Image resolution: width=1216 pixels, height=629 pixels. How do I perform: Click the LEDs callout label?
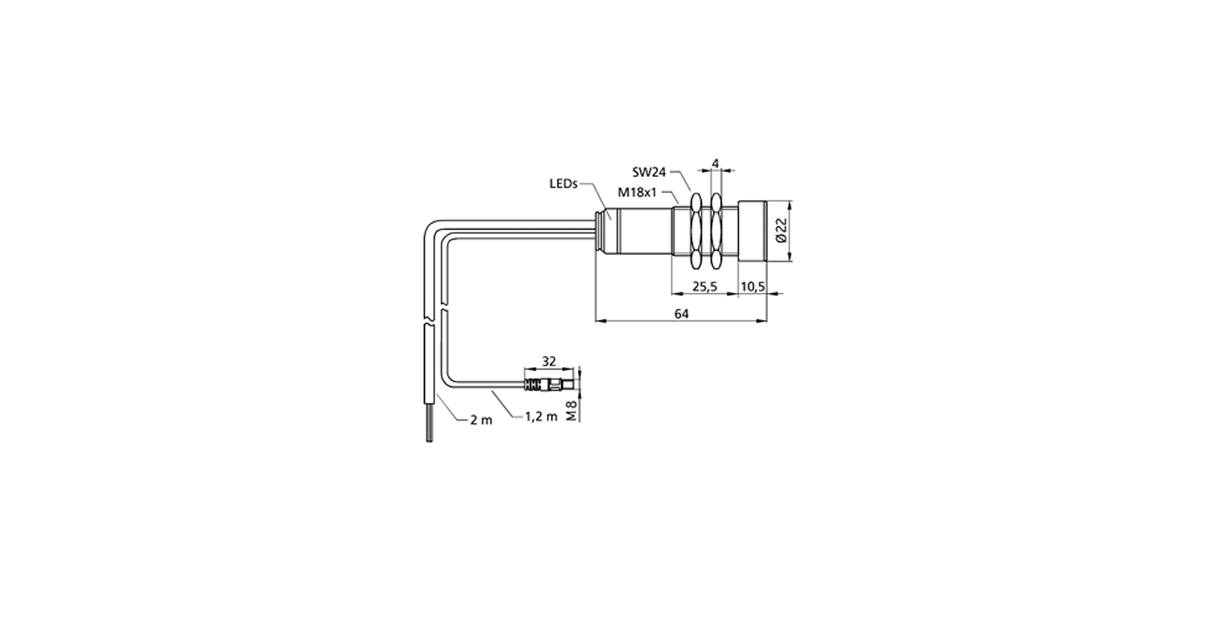click(563, 184)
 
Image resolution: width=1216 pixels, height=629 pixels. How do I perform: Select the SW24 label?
click(648, 172)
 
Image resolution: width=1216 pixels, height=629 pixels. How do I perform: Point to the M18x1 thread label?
click(637, 192)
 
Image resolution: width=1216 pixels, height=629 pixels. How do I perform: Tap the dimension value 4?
click(716, 163)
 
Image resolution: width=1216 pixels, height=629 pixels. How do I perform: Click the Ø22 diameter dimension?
click(781, 230)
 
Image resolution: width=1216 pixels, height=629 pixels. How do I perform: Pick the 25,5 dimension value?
click(705, 286)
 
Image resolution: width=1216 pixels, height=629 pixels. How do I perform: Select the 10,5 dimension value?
click(753, 286)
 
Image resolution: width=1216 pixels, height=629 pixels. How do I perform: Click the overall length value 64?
click(682, 313)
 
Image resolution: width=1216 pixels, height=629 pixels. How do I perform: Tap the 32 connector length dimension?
click(549, 361)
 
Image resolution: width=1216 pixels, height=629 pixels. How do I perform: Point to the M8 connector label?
click(571, 411)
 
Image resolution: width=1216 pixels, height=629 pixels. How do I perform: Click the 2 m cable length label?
click(481, 419)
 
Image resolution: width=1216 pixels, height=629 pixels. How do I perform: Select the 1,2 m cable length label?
click(541, 416)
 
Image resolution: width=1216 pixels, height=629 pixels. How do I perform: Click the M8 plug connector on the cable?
click(549, 385)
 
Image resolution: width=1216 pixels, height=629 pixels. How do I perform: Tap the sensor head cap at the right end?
click(752, 231)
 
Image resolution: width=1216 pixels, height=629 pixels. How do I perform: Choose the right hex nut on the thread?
click(716, 230)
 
